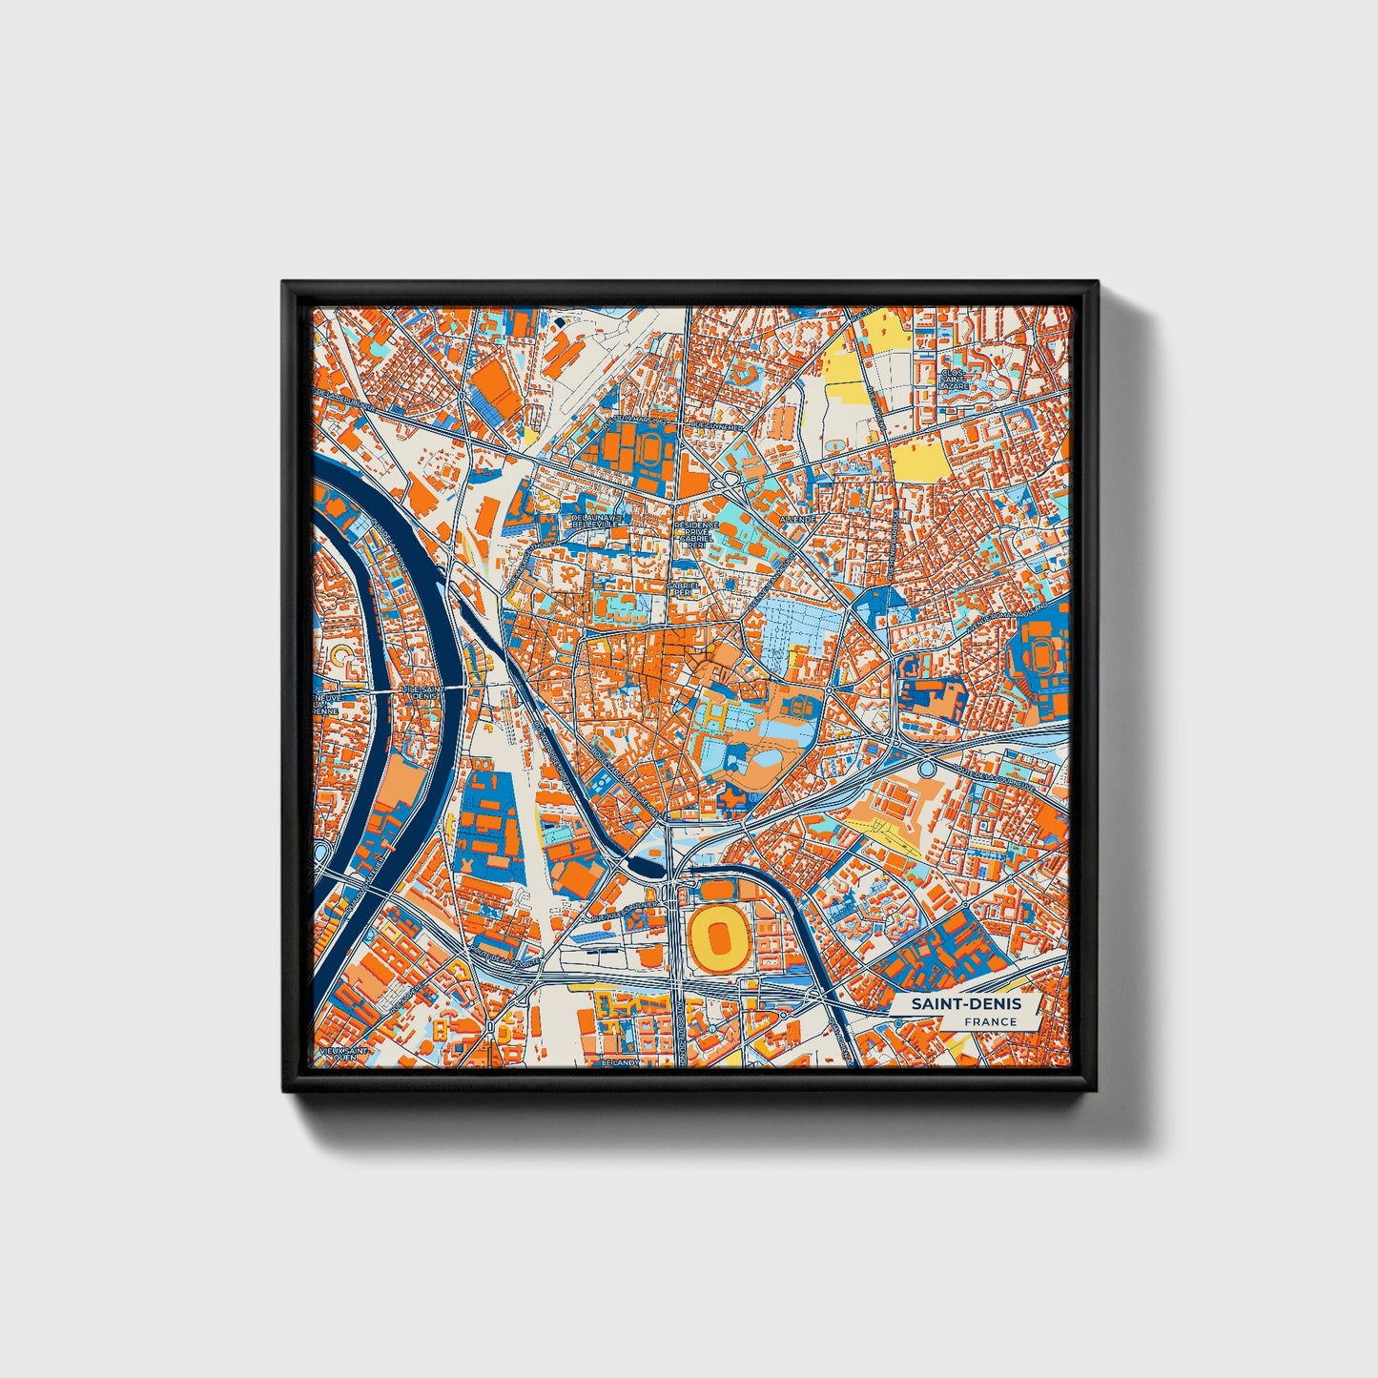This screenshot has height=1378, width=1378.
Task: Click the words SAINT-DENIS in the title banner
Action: (965, 1004)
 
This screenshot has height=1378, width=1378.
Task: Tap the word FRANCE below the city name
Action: (989, 1021)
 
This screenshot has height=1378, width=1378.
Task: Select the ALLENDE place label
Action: (797, 518)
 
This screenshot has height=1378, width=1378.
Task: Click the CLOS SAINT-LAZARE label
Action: (955, 380)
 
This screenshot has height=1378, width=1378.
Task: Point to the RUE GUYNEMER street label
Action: (717, 427)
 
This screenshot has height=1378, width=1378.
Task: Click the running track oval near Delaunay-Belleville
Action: (650, 446)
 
